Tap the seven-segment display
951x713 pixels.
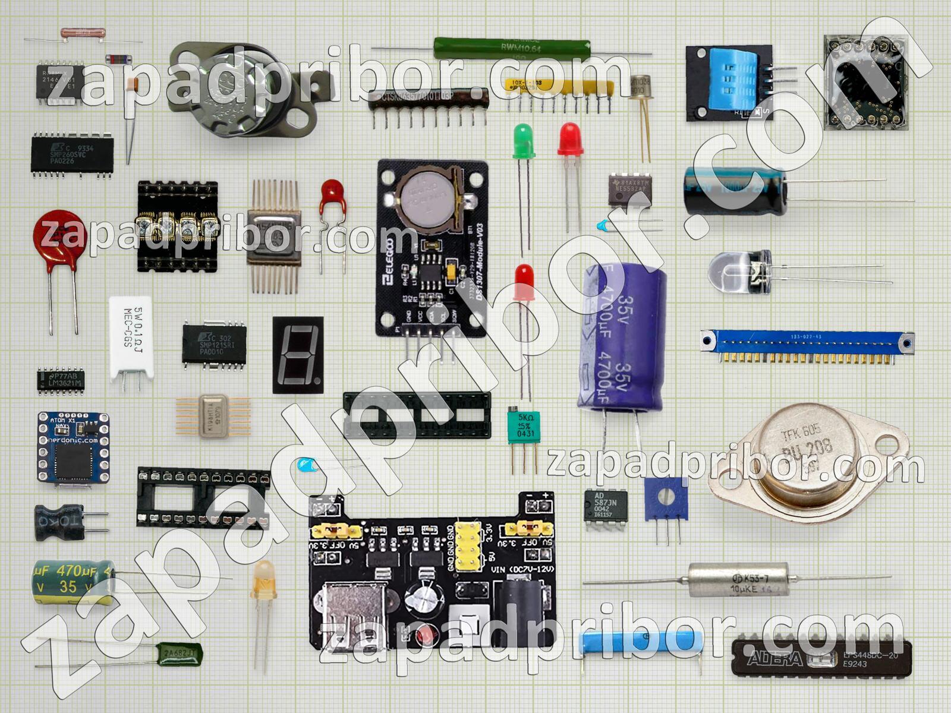click(x=298, y=355)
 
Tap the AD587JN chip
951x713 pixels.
click(x=606, y=504)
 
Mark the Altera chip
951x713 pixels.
click(x=821, y=658)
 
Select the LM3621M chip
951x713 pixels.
click(x=61, y=380)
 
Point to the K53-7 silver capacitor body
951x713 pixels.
click(x=739, y=579)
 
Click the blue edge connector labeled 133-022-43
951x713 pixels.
click(x=807, y=343)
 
